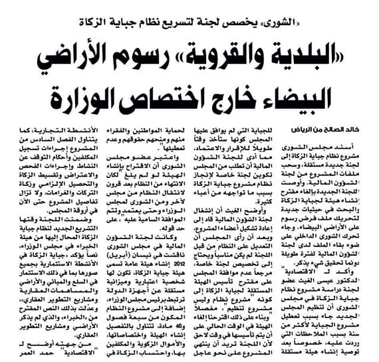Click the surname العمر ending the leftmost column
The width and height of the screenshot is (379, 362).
point(20,353)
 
